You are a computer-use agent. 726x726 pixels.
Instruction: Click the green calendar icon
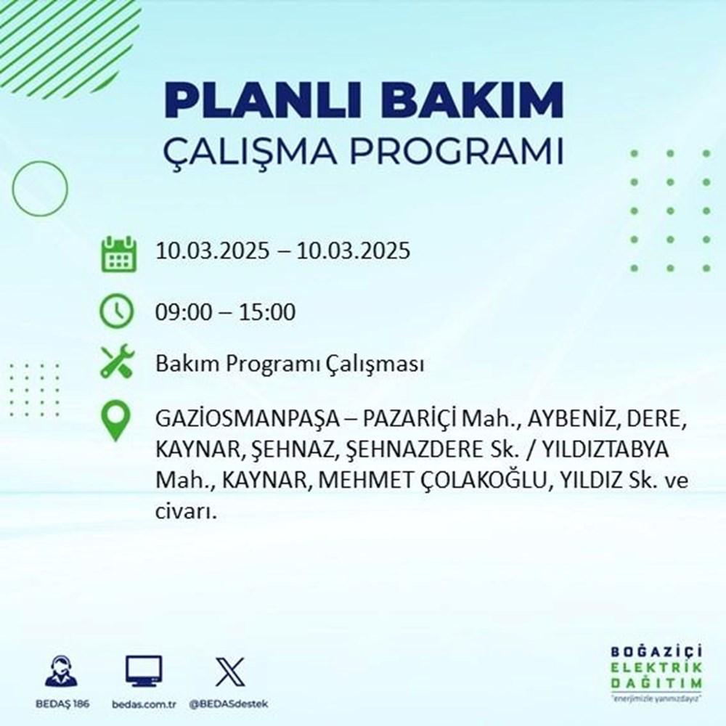118,253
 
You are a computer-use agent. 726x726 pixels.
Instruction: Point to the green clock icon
117,312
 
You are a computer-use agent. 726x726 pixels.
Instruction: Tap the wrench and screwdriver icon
117,362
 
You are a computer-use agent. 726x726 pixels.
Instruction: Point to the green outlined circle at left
40,189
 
